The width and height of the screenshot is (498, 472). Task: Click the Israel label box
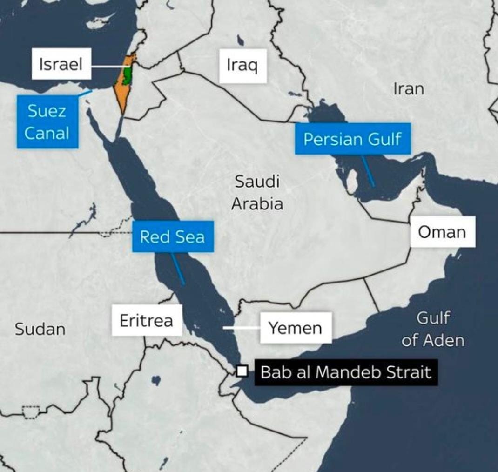(61, 64)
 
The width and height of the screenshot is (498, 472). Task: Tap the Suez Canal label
(47, 122)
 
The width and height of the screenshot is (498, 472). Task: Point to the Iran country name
(409, 88)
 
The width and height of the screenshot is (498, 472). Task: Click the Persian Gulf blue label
(352, 139)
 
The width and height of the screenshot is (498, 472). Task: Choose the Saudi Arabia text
(257, 192)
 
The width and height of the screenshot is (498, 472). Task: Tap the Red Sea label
(172, 236)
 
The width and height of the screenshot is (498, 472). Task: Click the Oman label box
(442, 231)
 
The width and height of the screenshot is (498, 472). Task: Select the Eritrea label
(146, 320)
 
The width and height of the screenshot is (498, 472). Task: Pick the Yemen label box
(296, 328)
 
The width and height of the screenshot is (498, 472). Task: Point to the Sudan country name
(40, 329)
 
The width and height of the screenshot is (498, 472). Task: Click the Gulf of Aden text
(433, 329)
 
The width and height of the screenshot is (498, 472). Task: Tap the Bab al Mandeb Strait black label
(346, 372)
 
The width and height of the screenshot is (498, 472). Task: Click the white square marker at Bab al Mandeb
(242, 371)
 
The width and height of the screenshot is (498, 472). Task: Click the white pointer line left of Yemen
(241, 328)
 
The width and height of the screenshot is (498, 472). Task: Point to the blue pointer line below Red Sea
(177, 269)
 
